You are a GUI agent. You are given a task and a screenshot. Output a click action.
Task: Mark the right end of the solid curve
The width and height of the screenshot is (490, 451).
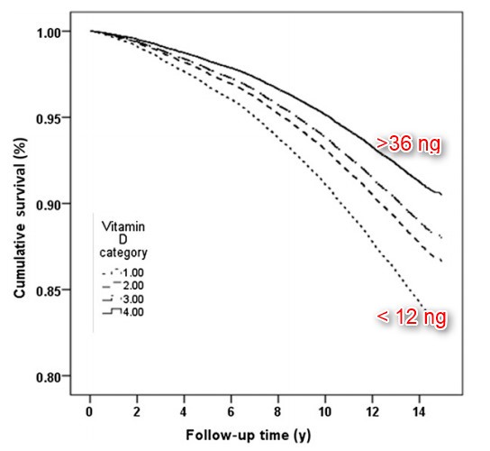point(441,194)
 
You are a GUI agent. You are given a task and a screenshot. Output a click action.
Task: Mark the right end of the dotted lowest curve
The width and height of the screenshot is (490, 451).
point(420,307)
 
